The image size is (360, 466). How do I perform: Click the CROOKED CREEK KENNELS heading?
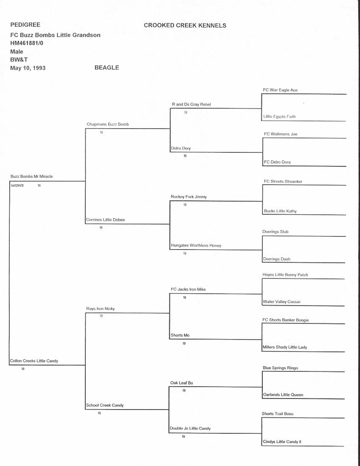click(x=185, y=25)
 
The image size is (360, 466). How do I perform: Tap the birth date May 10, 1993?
click(x=28, y=68)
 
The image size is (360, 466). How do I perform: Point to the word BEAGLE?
click(x=107, y=67)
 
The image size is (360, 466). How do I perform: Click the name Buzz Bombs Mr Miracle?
click(x=32, y=176)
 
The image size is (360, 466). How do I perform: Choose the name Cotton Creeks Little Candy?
click(x=34, y=361)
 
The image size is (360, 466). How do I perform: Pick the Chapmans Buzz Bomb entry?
click(x=107, y=124)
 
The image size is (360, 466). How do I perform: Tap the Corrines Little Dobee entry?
click(x=106, y=220)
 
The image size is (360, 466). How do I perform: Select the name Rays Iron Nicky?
click(x=101, y=309)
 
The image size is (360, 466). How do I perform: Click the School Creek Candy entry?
click(x=105, y=405)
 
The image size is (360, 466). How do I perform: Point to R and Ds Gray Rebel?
click(x=191, y=104)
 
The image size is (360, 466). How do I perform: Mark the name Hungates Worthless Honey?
click(x=196, y=245)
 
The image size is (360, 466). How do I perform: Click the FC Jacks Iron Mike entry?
click(x=188, y=289)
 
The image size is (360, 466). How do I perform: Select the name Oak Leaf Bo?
click(x=182, y=383)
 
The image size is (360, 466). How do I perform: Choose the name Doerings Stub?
click(x=276, y=232)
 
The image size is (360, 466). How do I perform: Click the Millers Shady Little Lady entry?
click(x=285, y=347)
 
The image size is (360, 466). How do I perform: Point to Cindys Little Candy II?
click(x=282, y=442)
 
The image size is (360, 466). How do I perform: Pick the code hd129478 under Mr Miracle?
click(x=17, y=185)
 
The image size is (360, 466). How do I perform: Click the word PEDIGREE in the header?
click(x=25, y=25)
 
